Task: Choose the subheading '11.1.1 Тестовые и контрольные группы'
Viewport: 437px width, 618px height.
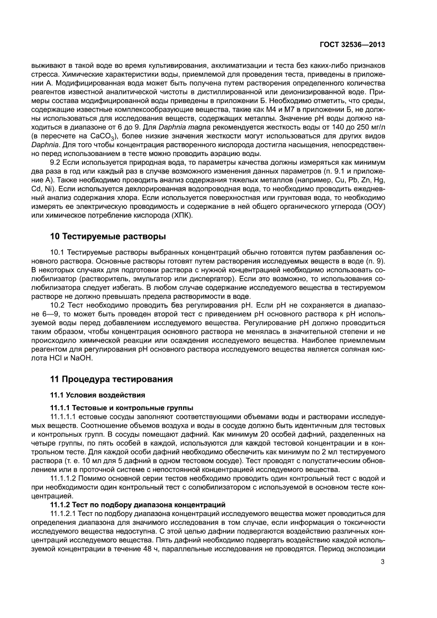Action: click(x=122, y=407)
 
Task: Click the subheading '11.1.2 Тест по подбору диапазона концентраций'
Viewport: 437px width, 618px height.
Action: click(x=138, y=504)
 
